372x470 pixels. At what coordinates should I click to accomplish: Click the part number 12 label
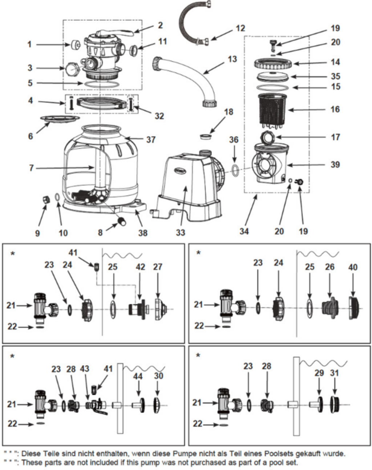tap(240, 28)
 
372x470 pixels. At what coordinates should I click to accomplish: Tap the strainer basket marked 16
tap(275, 110)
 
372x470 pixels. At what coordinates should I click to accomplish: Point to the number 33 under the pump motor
tap(180, 232)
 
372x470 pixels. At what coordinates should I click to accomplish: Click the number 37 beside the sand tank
tap(151, 139)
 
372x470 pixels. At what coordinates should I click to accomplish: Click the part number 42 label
tap(140, 267)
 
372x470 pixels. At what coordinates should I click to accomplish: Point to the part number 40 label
tap(353, 267)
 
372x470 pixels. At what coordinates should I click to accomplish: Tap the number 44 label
tap(138, 376)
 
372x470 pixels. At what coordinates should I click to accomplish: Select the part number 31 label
tap(335, 372)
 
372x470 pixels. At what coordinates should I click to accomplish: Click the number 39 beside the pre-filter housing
tap(335, 164)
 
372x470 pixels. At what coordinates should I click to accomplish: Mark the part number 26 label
tap(329, 267)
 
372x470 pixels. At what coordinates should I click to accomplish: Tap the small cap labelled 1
tap(76, 45)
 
